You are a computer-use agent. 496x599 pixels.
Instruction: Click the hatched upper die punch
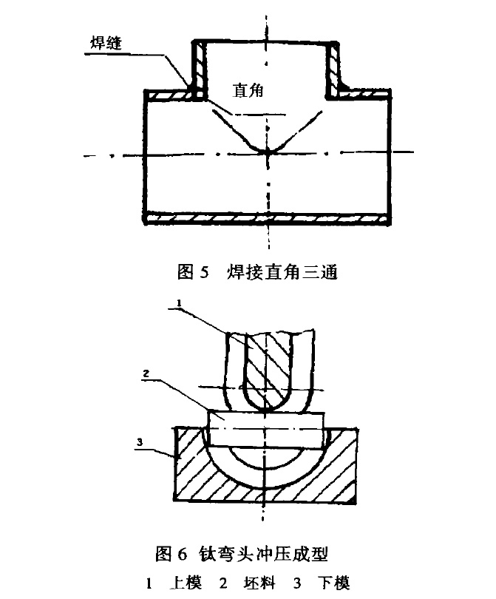point(264,370)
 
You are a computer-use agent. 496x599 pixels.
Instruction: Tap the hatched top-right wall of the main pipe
point(362,95)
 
